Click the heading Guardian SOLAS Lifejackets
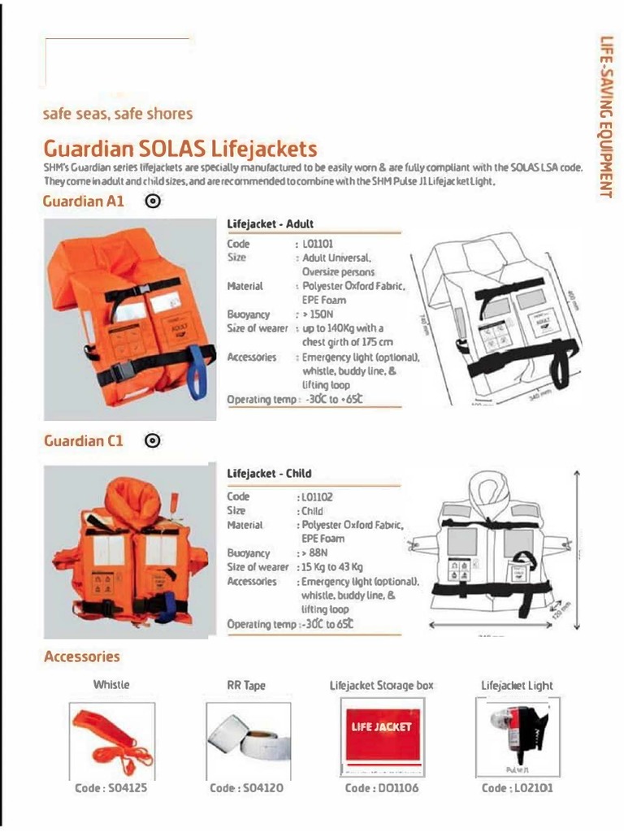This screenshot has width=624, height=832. tap(180, 149)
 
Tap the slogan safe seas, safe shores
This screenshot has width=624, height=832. tap(118, 114)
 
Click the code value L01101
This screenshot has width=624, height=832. tap(318, 243)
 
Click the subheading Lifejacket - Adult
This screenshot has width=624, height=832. tap(270, 223)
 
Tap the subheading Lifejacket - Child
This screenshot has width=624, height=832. tap(269, 473)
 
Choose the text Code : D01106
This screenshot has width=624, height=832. tap(382, 788)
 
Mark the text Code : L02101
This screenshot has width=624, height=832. tap(518, 788)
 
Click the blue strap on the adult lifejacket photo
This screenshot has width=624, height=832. tap(195, 374)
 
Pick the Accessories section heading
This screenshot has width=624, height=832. tap(82, 656)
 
